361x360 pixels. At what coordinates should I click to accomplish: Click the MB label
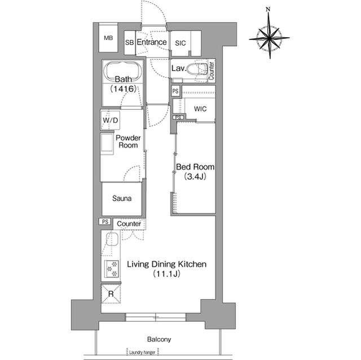tap(108, 38)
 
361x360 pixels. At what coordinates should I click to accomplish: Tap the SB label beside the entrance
tap(129, 42)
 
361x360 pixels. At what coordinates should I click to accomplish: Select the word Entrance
tap(152, 42)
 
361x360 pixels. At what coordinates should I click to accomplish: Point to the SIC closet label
tap(180, 43)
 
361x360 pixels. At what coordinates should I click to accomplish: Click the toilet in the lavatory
tap(196, 69)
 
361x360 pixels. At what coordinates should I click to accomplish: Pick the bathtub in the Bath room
tap(124, 71)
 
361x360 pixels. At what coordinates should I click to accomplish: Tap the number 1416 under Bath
tap(124, 88)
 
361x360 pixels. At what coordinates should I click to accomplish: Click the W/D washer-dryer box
tap(111, 120)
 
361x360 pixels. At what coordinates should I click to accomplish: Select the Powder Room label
tap(128, 141)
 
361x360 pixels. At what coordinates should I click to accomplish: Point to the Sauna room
tap(122, 199)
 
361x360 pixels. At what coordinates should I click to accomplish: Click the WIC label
tap(200, 109)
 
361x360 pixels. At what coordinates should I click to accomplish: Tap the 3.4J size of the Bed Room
tap(195, 176)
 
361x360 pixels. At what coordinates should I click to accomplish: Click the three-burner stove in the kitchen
tap(112, 269)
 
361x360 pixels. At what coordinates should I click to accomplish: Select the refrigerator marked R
tap(111, 294)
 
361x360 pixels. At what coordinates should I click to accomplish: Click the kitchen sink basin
tap(112, 239)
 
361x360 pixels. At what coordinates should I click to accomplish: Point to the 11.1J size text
tap(166, 274)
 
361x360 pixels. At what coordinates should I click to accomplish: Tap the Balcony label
tap(159, 339)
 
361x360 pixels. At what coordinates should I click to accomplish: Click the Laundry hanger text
tap(142, 353)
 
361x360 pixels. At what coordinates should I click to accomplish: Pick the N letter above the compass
tap(268, 10)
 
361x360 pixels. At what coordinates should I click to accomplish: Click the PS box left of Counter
tap(105, 221)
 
